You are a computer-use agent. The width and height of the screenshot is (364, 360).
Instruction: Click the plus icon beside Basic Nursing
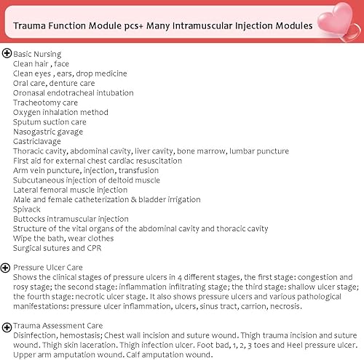point(7,53)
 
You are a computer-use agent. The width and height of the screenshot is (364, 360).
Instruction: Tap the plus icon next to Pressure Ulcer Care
point(7,267)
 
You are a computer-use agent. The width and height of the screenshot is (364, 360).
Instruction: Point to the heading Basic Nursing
point(37,54)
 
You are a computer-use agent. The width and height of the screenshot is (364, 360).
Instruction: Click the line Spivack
point(27,209)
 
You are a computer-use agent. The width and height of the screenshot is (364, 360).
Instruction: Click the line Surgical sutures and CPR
point(58,248)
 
